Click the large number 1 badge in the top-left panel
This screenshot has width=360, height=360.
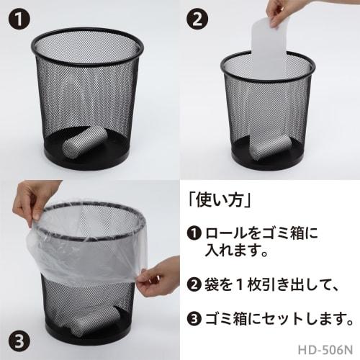[17, 17]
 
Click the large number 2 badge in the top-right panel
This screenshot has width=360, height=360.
[197, 17]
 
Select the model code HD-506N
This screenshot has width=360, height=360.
[325, 348]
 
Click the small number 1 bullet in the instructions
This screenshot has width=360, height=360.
[194, 234]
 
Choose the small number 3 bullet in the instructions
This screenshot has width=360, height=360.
[194, 318]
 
